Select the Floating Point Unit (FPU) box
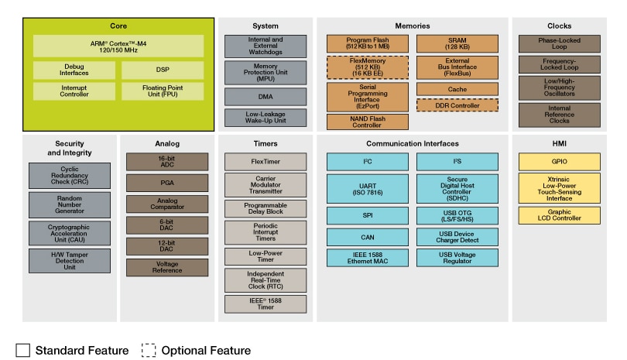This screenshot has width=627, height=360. (161, 91)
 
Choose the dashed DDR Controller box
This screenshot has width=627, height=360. (457, 104)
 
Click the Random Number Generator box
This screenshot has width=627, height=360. (70, 205)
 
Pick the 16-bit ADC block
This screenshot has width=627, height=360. (168, 161)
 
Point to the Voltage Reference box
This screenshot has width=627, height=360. (168, 267)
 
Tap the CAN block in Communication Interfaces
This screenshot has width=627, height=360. (368, 237)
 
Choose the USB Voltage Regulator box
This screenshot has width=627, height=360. (457, 258)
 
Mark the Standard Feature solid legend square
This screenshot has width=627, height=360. (22, 351)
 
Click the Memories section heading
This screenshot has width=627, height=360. (413, 25)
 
